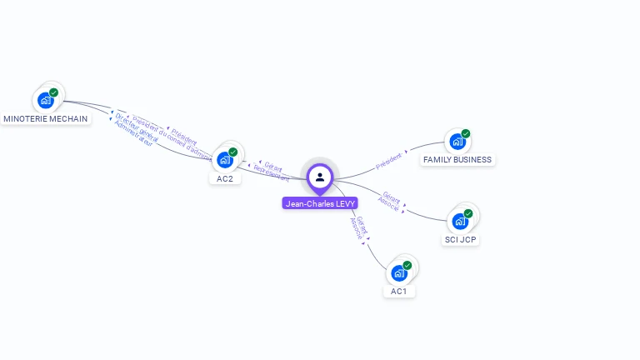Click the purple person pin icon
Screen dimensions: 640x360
click(320, 177)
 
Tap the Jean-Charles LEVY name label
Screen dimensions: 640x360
click(320, 203)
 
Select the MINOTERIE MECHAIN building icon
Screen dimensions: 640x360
click(46, 100)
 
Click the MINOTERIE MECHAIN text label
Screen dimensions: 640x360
click(46, 119)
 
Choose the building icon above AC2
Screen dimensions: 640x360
click(225, 159)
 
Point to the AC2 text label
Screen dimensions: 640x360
click(225, 178)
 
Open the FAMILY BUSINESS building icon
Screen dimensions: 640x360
click(457, 141)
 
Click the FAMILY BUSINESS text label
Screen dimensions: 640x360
click(457, 159)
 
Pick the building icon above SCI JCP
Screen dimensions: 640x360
click(459, 221)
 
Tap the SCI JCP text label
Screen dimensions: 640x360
click(461, 240)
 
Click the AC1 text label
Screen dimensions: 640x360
click(399, 292)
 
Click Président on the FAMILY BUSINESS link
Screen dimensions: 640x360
click(388, 161)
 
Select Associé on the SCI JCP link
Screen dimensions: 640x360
click(387, 202)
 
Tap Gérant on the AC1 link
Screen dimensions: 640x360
click(363, 225)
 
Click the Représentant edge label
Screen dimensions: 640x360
click(271, 173)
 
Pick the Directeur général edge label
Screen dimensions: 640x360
click(137, 126)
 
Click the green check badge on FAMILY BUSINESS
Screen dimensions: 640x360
click(466, 133)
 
